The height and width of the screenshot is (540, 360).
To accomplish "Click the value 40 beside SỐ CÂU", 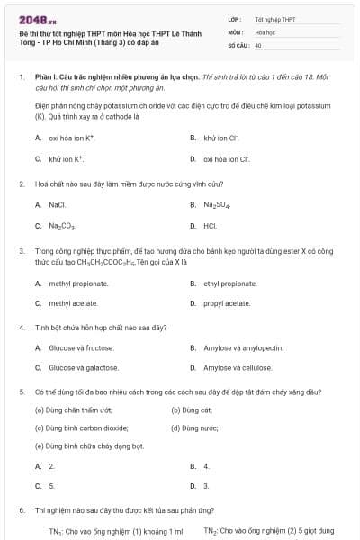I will (258, 45).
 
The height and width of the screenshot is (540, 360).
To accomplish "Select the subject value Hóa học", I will (265, 31).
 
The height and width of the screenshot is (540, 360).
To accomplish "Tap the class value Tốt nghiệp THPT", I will (274, 18).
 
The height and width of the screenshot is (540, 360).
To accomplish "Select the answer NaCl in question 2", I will (58, 204).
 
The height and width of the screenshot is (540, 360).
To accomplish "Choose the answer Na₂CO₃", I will (62, 226).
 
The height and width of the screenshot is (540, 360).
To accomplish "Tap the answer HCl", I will (210, 226).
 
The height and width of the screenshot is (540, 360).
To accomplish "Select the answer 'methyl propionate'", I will (78, 283).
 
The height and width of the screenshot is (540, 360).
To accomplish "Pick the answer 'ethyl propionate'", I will (229, 283).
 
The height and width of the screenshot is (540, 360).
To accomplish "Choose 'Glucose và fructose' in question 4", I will (81, 346).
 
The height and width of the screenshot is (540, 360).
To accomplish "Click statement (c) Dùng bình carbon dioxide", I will (82, 428).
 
